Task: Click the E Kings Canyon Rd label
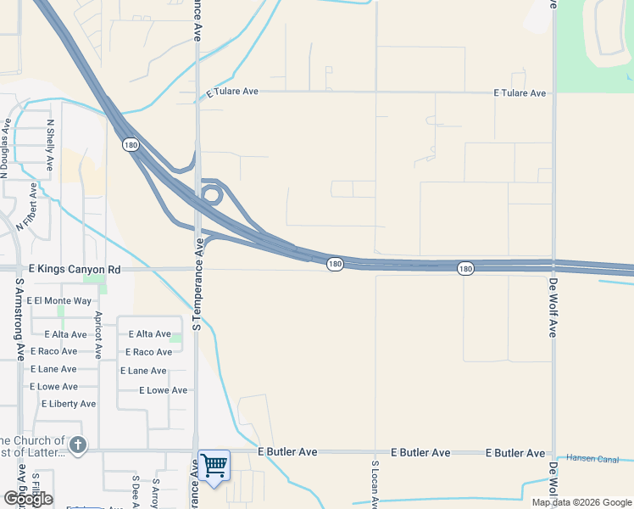[x=75, y=269]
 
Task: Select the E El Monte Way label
[x=58, y=300]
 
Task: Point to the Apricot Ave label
[x=98, y=334]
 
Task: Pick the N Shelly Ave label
[x=51, y=145]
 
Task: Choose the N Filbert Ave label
[x=27, y=207]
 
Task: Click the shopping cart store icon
[x=214, y=465]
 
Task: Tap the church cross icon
[x=77, y=445]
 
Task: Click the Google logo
[x=27, y=498]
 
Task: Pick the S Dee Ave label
[x=135, y=491]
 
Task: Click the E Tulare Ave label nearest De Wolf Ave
[x=520, y=92]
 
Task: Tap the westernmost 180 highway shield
[x=130, y=145]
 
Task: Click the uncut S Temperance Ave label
[x=197, y=283]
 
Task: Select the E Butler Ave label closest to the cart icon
[x=287, y=452]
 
